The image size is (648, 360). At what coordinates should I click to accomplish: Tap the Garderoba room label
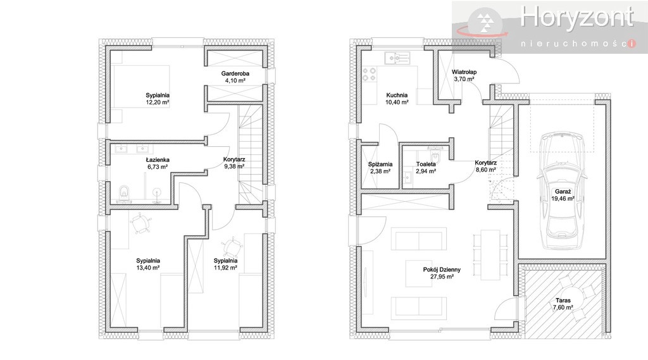(x=235, y=73)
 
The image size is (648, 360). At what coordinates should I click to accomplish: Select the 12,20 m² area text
(x=158, y=102)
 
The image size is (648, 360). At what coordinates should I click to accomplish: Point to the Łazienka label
(x=158, y=160)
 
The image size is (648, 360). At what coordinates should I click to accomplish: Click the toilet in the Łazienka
(x=123, y=194)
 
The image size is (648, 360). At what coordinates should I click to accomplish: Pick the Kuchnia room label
(x=397, y=95)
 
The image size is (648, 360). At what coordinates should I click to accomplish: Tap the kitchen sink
(x=397, y=58)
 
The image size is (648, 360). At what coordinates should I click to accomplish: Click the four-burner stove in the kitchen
(x=369, y=75)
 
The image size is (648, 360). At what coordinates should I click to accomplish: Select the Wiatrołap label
(x=464, y=71)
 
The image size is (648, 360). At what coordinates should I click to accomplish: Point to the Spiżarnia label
(x=380, y=164)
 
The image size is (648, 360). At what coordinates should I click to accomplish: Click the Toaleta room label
(x=426, y=164)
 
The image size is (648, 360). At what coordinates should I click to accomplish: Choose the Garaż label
(x=563, y=191)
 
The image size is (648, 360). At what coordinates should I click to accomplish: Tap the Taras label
(x=563, y=301)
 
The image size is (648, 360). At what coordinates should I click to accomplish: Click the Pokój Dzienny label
(x=442, y=270)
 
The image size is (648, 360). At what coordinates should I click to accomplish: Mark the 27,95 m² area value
(x=442, y=276)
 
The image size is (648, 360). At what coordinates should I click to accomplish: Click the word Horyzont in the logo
(x=577, y=17)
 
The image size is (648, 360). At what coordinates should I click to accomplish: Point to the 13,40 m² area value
(x=148, y=268)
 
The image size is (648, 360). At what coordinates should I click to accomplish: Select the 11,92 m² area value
(x=225, y=268)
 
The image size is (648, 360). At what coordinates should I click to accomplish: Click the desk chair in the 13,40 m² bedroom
(x=140, y=223)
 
